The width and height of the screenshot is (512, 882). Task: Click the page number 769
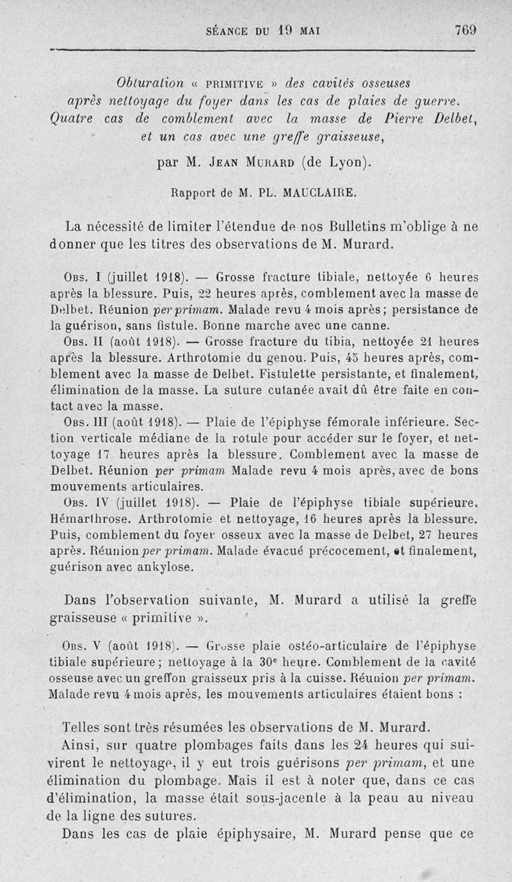465,29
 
